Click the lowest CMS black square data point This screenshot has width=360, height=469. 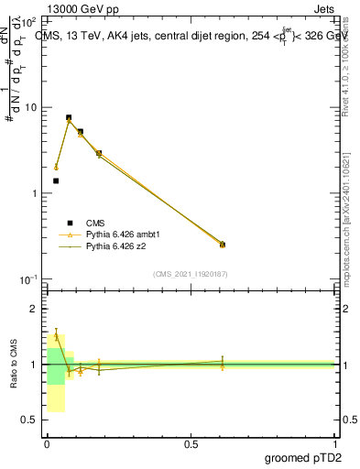pyautogui.click(x=56, y=180)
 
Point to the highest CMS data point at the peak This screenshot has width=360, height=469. pyautogui.click(x=69, y=117)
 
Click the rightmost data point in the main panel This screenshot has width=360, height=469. pyautogui.click(x=223, y=245)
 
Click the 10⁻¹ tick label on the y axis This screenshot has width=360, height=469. pyautogui.click(x=27, y=279)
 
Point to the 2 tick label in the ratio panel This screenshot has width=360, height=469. pyautogui.click(x=35, y=310)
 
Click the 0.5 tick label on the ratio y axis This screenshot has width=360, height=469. pyautogui.click(x=30, y=420)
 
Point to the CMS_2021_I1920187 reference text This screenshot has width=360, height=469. pyautogui.click(x=190, y=273)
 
